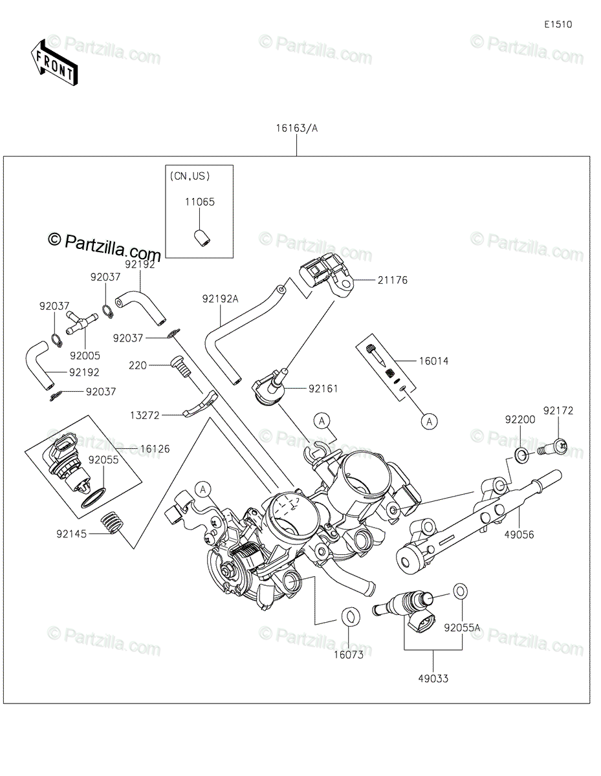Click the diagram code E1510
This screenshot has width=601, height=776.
[x=558, y=25]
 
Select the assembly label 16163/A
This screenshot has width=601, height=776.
[x=296, y=128]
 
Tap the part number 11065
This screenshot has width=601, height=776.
[x=200, y=202]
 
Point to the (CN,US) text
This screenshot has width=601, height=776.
[x=190, y=176]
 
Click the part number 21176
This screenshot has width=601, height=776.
[x=393, y=281]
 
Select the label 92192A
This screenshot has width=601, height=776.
[x=220, y=299]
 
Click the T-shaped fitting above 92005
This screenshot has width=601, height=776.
[x=82, y=322]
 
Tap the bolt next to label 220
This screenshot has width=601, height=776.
[x=180, y=366]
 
